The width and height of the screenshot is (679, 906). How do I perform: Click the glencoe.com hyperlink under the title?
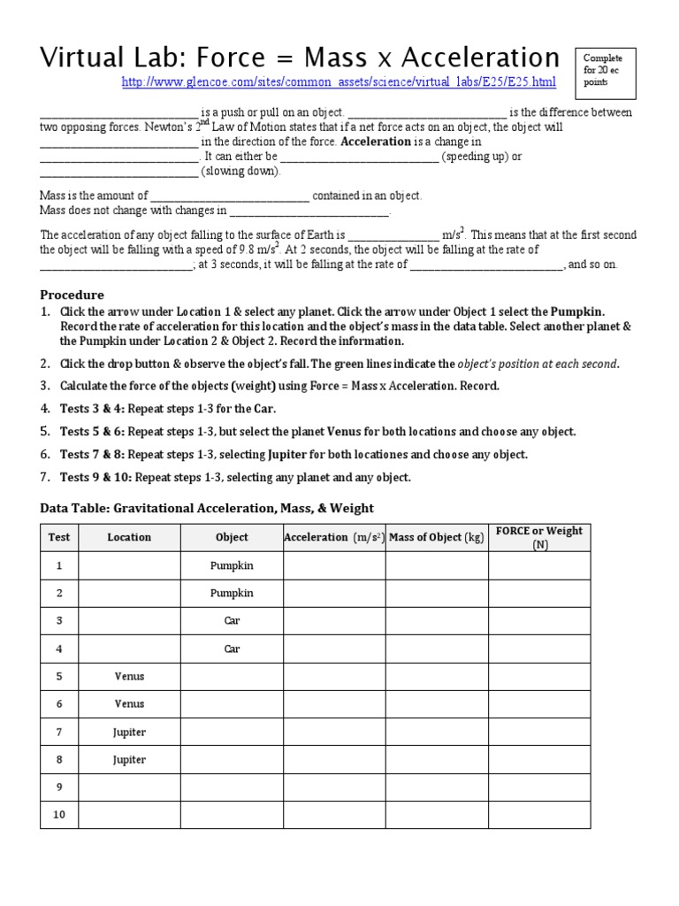pyautogui.click(x=339, y=83)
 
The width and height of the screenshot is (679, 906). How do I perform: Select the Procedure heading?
pyautogui.click(x=72, y=295)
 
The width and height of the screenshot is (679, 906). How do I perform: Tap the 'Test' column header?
pyautogui.click(x=59, y=537)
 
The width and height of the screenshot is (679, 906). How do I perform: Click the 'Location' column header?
pyautogui.click(x=129, y=537)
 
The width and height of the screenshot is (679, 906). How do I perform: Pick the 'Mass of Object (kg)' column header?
pyautogui.click(x=437, y=537)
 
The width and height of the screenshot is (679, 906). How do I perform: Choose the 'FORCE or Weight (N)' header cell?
pyautogui.click(x=539, y=537)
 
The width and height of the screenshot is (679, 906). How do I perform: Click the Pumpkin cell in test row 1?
pyautogui.click(x=232, y=565)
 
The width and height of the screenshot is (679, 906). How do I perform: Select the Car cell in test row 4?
pyautogui.click(x=232, y=649)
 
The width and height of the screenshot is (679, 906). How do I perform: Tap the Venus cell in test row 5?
pyautogui.click(x=129, y=677)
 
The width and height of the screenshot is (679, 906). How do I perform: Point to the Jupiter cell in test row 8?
pyautogui.click(x=129, y=760)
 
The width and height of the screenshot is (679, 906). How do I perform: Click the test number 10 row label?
pyautogui.click(x=59, y=815)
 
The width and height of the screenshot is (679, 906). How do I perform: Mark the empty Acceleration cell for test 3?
pyautogui.click(x=334, y=621)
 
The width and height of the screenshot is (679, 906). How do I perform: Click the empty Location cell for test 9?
pyautogui.click(x=129, y=787)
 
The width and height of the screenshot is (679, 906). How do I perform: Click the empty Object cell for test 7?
pyautogui.click(x=232, y=733)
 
